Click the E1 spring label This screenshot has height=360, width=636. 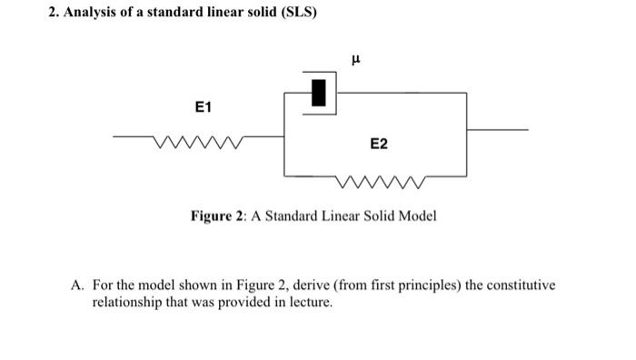point(204,108)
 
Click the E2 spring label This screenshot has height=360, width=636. point(379,145)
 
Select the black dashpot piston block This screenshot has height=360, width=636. point(318,93)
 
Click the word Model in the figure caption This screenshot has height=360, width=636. point(417,216)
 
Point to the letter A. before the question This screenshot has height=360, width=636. point(78,285)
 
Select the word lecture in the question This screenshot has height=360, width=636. point(310,301)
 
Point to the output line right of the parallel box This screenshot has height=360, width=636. point(497,131)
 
